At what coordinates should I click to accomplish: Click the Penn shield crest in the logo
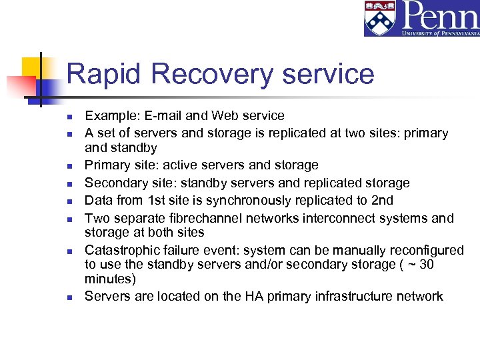coord(379,19)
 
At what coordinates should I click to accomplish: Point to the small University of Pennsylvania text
coord(440,31)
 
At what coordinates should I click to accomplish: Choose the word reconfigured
coord(424,251)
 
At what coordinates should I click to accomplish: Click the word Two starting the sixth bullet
coord(96,219)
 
